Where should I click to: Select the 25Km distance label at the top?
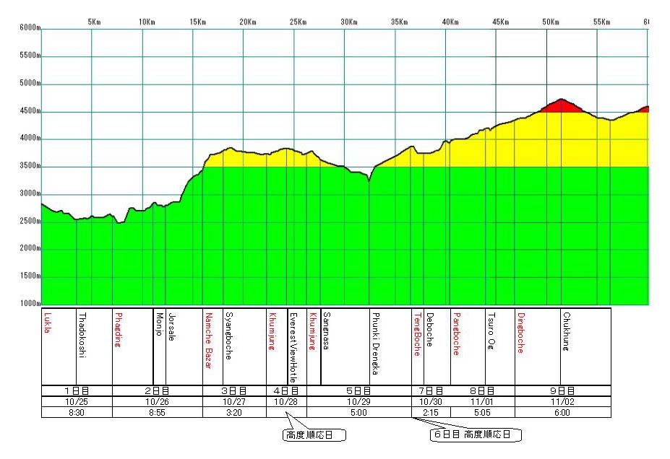296,22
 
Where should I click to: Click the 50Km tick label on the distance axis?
550,22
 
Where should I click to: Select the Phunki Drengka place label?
375,344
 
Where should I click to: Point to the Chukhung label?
567,329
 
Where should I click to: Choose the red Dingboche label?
520,332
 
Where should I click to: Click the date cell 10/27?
234,402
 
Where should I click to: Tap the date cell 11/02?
562,402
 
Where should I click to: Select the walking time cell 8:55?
157,413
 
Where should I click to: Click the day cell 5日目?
358,391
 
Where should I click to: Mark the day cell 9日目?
562,391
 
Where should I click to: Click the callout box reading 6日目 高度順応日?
476,435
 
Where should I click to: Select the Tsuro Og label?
491,331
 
